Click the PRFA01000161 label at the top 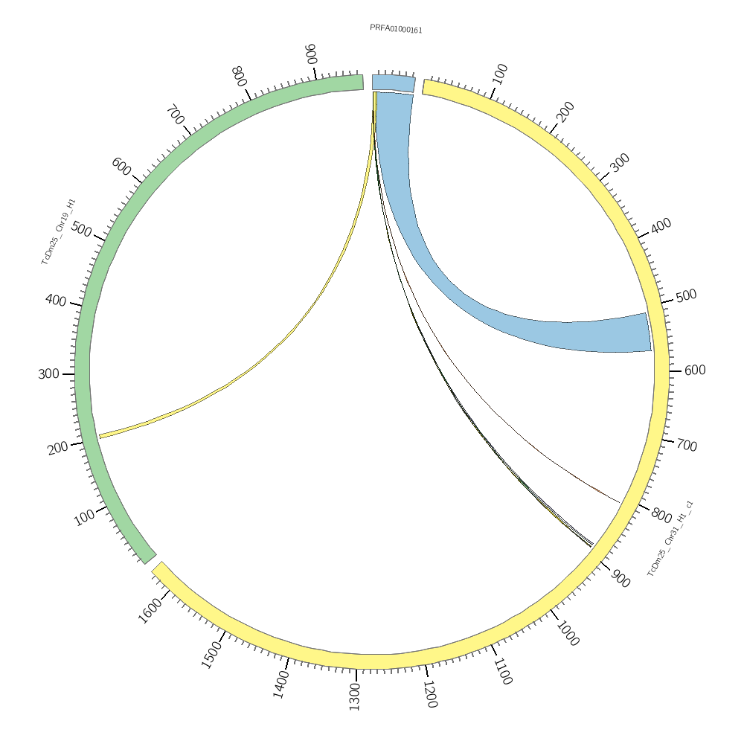click(x=396, y=29)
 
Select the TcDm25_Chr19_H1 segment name click(x=58, y=231)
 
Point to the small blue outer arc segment click(x=393, y=83)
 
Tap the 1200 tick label click(x=430, y=693)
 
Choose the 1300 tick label click(x=354, y=698)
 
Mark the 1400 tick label click(x=281, y=683)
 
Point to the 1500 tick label click(x=212, y=654)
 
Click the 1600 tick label click(x=150, y=610)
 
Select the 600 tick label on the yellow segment click(x=694, y=371)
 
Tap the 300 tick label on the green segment click(x=48, y=374)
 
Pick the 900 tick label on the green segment click(x=311, y=54)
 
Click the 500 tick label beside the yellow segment click(x=686, y=295)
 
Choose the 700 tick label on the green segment click(x=176, y=115)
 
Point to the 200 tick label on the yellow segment click(x=565, y=112)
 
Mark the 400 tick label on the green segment click(x=56, y=300)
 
